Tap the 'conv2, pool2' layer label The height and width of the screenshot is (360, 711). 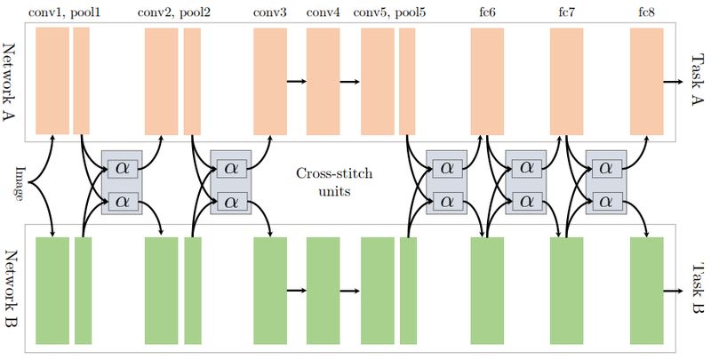click(174, 12)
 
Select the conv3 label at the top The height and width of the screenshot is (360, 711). click(270, 12)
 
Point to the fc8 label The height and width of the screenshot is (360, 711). click(647, 12)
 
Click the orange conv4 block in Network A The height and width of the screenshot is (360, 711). click(324, 81)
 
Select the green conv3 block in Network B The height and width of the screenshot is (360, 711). click(270, 291)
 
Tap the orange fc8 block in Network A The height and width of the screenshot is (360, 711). click(647, 81)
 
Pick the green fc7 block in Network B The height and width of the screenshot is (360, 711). click(566, 291)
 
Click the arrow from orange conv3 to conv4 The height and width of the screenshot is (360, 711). click(297, 82)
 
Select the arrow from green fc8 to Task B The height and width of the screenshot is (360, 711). click(674, 290)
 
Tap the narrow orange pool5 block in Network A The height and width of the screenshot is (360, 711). click(407, 81)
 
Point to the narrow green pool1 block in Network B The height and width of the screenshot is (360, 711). click(83, 291)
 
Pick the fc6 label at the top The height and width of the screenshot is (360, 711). click(487, 12)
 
